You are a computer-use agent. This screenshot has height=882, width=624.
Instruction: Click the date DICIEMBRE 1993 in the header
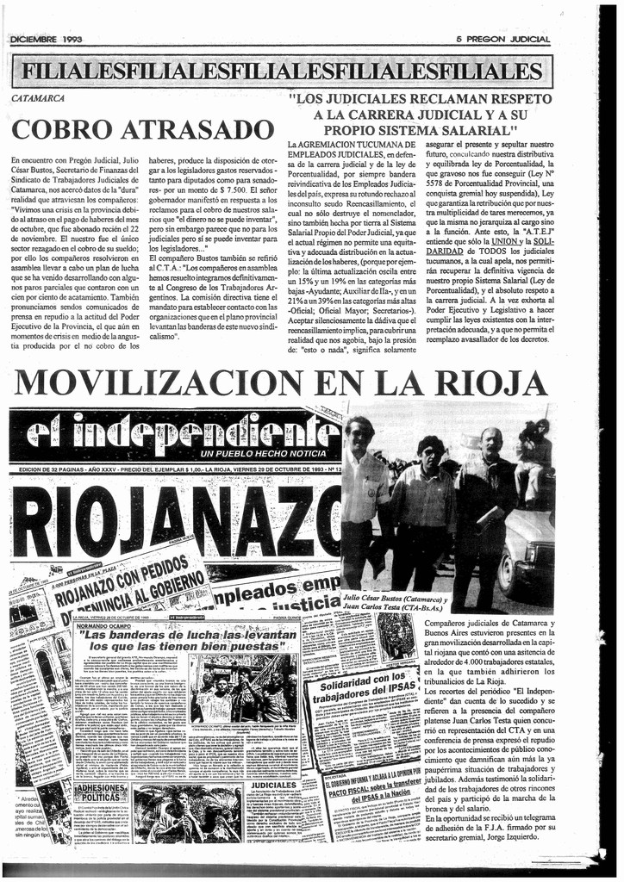(46, 40)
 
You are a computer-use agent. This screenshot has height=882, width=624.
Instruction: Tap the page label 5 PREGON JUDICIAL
(502, 40)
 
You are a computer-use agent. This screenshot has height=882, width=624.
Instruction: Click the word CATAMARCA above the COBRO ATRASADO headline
(38, 99)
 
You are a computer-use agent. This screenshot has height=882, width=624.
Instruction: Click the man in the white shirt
(362, 500)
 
